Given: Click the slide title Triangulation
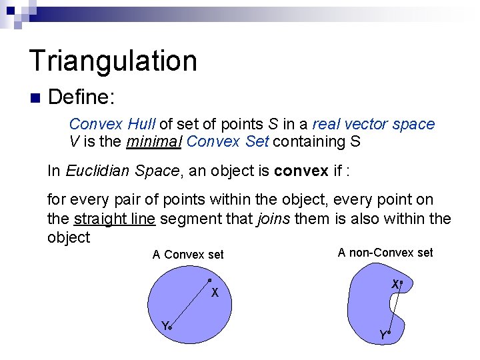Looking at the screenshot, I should pos(113,61).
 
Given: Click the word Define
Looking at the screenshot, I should pos(82,97).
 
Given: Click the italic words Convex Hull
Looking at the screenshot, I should pos(112,124).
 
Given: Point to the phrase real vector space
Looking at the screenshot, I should pos(373,124).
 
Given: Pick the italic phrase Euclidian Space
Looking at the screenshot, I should pos(123,171).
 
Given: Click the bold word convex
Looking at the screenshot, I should pos(301,171).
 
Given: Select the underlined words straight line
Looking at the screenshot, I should pos(114,219).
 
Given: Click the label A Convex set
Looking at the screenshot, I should pos(188,255).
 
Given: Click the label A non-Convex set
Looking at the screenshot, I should pos(385,253).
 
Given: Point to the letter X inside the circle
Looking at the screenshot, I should pos(215,293).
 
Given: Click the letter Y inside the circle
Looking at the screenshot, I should pos(164,325).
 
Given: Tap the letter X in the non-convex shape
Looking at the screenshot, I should pos(395,285).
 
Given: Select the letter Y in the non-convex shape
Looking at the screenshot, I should pos(382,335).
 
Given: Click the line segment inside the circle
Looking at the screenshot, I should pos(190,303).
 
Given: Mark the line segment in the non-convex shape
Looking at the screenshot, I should pos(395,307).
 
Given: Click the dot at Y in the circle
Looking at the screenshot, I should pos(171,328).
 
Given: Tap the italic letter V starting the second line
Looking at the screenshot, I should pos(74,141).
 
